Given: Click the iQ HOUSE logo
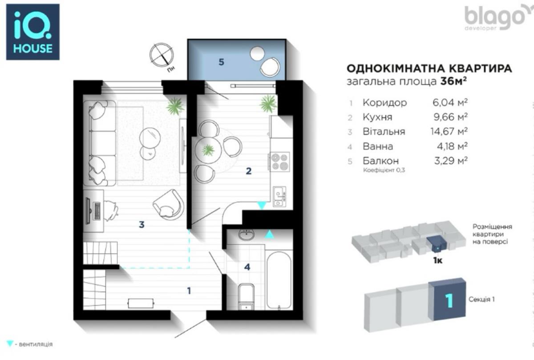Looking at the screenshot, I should (x=32, y=32).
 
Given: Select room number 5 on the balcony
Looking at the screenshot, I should (x=221, y=62).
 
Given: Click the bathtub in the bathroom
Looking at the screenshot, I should (x=279, y=279).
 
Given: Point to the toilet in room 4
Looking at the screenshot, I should (x=246, y=296).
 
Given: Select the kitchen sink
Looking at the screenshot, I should (x=279, y=196).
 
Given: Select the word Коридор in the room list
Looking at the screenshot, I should (x=384, y=103).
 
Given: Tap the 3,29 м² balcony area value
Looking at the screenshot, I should (x=450, y=161).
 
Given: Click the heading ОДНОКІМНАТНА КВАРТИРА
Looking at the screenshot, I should (x=429, y=69).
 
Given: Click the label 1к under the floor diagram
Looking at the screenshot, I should (x=437, y=260).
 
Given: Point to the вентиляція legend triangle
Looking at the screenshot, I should (x=10, y=344).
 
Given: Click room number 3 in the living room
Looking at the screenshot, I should (x=142, y=225).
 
